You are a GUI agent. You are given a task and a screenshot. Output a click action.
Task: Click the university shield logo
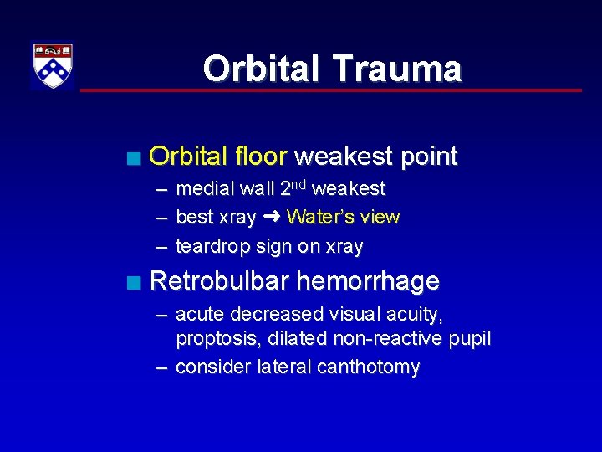click(x=53, y=66)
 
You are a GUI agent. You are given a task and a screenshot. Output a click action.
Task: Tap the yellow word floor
click(x=259, y=157)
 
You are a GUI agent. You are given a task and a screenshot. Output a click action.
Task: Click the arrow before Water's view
click(x=271, y=217)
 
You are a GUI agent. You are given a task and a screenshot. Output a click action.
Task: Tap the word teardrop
click(x=211, y=246)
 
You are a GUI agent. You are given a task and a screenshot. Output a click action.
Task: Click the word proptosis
click(x=214, y=340)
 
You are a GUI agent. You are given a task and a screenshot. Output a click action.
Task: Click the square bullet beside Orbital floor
click(x=134, y=157)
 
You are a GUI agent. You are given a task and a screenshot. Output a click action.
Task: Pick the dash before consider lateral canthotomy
click(x=160, y=367)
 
